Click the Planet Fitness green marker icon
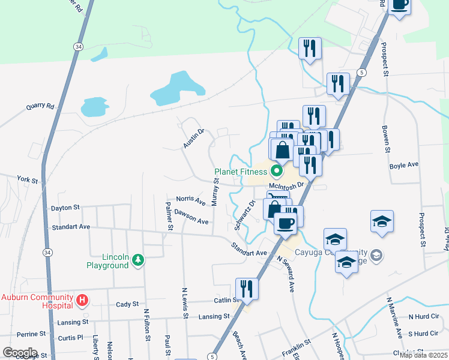(277, 172)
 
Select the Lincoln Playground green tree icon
(139, 259)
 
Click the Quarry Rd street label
(40, 107)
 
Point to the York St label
(28, 180)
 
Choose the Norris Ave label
(190, 199)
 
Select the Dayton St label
(65, 208)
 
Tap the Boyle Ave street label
(403, 165)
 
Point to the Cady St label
(127, 304)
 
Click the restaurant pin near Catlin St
(247, 288)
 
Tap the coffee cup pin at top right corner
(399, 5)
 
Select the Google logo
(20, 353)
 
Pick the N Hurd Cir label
(424, 316)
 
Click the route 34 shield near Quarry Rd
(79, 46)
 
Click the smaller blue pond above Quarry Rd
(94, 107)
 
